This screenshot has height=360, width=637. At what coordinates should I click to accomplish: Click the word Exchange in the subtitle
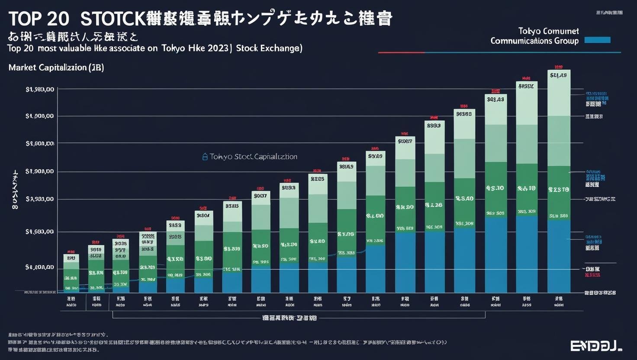pyautogui.click(x=281, y=48)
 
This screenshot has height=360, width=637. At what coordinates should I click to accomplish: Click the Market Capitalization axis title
pyautogui.click(x=56, y=68)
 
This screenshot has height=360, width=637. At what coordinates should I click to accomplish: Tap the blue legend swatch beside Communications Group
pyautogui.click(x=597, y=40)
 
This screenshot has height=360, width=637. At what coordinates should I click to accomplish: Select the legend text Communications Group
pyautogui.click(x=534, y=41)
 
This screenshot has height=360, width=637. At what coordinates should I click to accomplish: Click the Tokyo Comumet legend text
pyautogui.click(x=548, y=31)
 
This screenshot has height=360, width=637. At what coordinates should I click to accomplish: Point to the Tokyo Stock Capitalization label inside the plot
pyautogui.click(x=253, y=157)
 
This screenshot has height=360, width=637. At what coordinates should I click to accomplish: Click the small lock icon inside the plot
pyautogui.click(x=205, y=157)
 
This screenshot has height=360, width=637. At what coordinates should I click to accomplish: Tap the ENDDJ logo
pyautogui.click(x=596, y=346)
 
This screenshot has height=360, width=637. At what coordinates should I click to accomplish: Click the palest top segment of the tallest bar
pyautogui.click(x=559, y=93)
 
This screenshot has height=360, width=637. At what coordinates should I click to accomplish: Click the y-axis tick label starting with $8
pyautogui.click(x=40, y=267)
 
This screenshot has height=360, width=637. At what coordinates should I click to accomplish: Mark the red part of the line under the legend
pyautogui.click(x=401, y=53)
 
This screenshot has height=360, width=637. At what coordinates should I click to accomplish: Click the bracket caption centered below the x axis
pyautogui.click(x=290, y=318)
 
